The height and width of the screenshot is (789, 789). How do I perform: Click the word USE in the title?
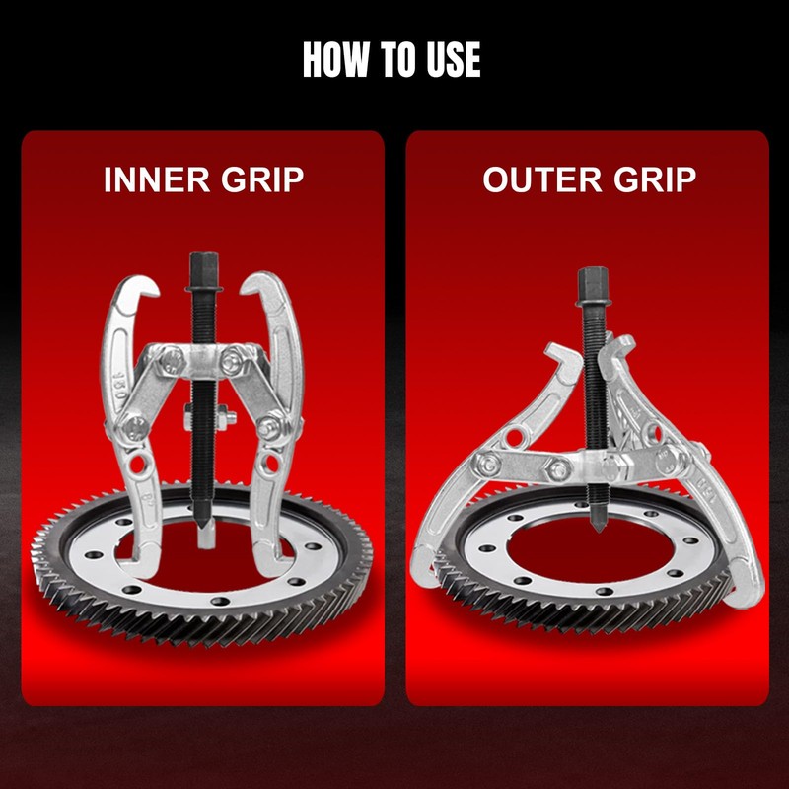[x=449, y=60]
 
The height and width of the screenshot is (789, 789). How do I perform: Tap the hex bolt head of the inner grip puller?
[x=203, y=269]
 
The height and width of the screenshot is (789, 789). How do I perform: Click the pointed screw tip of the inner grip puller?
[x=203, y=527]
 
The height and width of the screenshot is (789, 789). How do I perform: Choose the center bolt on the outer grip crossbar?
[x=558, y=469]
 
